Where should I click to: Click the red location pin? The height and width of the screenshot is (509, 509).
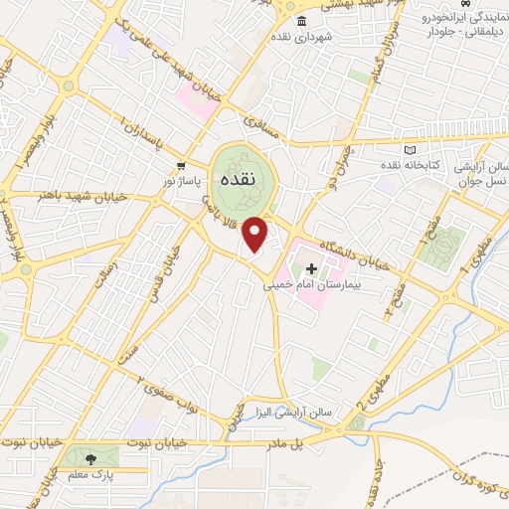(x=256, y=233)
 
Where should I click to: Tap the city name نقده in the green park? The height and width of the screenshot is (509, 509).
(x=239, y=180)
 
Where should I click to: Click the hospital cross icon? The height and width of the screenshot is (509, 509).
(x=311, y=268)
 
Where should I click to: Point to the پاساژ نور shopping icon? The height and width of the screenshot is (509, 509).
(x=179, y=165)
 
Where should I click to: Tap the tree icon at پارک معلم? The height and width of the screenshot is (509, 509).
(x=91, y=459)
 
